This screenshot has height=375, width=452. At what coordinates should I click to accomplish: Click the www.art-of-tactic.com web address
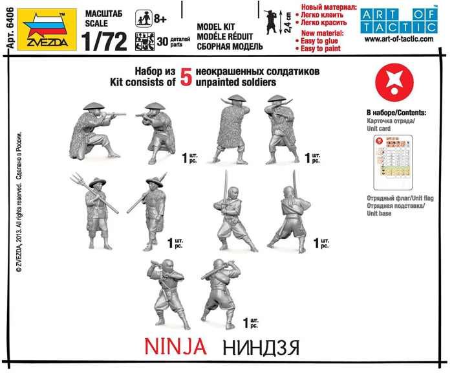pos(398,39)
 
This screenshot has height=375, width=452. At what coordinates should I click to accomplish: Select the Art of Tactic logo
pos(398,19)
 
